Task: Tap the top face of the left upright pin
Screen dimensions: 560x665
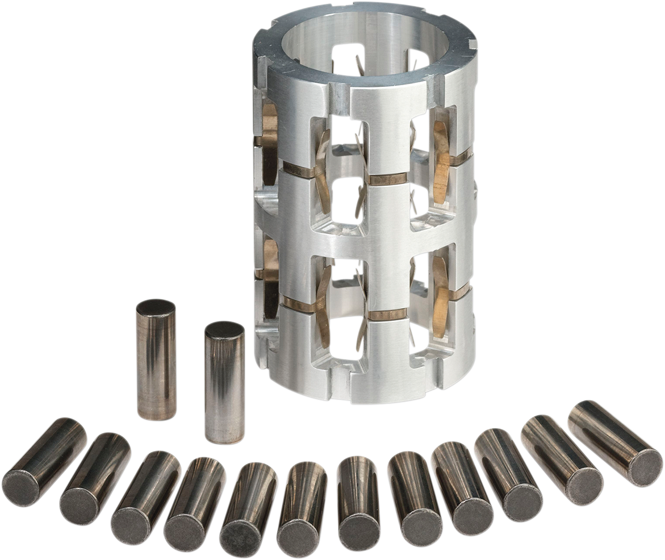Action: tap(156, 307)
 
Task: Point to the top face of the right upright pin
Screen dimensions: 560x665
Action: tap(224, 330)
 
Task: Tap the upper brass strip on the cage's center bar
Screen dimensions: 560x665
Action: tap(388, 179)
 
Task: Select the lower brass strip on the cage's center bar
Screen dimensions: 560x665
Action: tap(387, 315)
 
